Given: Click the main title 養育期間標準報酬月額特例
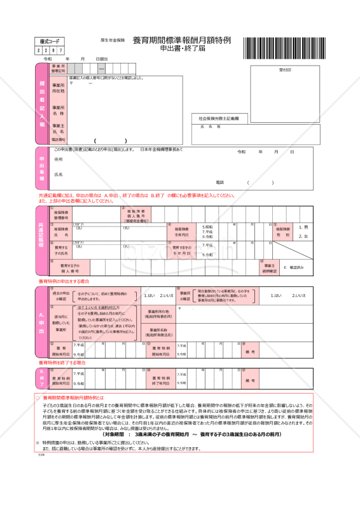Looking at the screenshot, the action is tap(182, 40).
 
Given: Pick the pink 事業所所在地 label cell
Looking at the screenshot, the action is tap(58, 88).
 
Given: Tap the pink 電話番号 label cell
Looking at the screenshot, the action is tap(58, 140).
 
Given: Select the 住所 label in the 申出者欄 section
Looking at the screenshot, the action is tap(59, 159).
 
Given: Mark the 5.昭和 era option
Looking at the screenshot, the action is tap(207, 227).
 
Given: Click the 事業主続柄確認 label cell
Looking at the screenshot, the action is tap(269, 268).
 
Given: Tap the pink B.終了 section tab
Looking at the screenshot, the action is tap(42, 377).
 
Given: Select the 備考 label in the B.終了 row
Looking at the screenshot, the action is tap(249, 380).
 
